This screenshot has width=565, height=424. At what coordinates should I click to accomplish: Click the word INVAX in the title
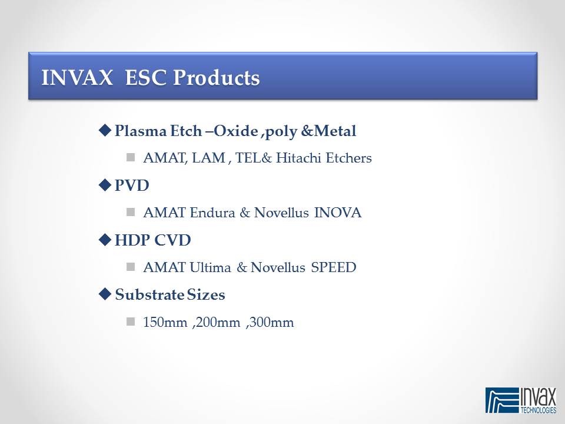pos(77,77)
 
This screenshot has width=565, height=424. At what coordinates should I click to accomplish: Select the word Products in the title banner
pos(216,77)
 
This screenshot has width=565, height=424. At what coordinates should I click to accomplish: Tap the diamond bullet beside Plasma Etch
pos(105,130)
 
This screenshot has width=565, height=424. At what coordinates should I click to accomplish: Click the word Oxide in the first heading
pos(236,131)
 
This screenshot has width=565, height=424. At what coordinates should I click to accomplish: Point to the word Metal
pos(335,131)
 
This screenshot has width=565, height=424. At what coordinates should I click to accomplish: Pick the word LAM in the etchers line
pos(208,158)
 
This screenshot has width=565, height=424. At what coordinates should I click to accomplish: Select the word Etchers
pos(349,158)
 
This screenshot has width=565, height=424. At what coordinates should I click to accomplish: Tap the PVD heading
pos(132,185)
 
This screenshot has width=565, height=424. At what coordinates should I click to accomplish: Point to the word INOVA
pos(338,213)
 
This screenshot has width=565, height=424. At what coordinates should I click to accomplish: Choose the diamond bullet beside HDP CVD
pos(105,240)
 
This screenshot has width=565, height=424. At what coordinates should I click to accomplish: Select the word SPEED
pos(334,267)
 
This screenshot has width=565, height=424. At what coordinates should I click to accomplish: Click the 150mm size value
pos(165,322)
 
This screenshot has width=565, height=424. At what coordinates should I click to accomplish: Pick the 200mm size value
pos(218,322)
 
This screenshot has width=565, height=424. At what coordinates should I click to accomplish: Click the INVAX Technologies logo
pos(521,400)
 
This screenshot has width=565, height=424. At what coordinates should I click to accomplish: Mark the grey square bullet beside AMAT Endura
pos(131,212)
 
